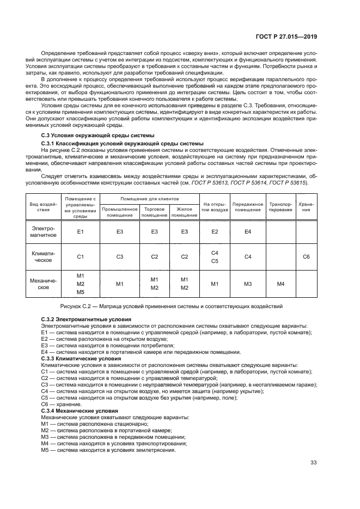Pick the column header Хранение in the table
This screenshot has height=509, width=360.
[306, 206]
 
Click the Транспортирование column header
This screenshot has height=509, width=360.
[280, 206]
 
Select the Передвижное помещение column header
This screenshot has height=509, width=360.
[247, 206]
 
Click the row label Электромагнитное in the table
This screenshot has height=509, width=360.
[43, 232]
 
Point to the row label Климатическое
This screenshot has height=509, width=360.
[43, 256]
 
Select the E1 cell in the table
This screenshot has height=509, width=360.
[80, 232]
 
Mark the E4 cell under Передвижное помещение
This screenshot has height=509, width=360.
[247, 232]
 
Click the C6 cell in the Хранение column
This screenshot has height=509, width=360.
[306, 256]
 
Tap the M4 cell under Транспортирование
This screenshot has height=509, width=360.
[280, 284]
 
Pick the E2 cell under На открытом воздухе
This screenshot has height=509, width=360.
[214, 232]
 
